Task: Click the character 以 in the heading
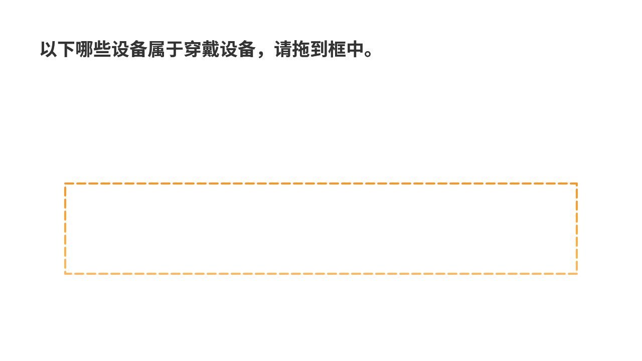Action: click(x=49, y=49)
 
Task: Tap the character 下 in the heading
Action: click(x=67, y=49)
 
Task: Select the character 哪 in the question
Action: click(x=85, y=49)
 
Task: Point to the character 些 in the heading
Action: click(x=102, y=49)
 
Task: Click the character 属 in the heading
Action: click(x=156, y=49)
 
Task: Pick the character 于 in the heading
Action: click(x=175, y=49)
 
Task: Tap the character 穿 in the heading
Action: click(x=192, y=49)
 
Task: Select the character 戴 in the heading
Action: click(x=210, y=49)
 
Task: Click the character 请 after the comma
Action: click(x=282, y=49)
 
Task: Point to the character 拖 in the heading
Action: click(x=300, y=49)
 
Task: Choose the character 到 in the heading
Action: click(x=318, y=49)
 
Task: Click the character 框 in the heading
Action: click(x=337, y=49)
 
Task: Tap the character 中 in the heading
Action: click(x=355, y=49)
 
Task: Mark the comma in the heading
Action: click(x=261, y=54)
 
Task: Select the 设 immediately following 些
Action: click(x=120, y=49)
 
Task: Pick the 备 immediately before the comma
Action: click(x=246, y=49)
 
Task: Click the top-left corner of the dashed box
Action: click(x=65, y=184)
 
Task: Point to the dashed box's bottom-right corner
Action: click(x=577, y=274)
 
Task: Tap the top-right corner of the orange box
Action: click(x=577, y=184)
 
